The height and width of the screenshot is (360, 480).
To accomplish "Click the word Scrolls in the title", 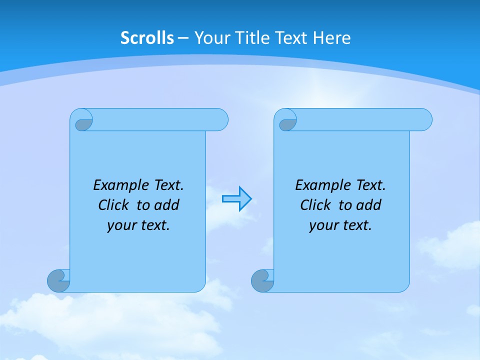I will pyautogui.click(x=147, y=38).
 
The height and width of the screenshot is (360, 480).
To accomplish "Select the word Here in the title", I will pyautogui.click(x=332, y=38).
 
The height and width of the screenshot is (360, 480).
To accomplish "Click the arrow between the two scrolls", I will pyautogui.click(x=236, y=199).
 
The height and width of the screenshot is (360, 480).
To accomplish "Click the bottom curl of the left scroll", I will pyautogui.click(x=58, y=280).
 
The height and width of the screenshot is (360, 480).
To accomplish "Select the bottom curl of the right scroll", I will pyautogui.click(x=262, y=280).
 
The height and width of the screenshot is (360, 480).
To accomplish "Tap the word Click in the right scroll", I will pyautogui.click(x=315, y=205).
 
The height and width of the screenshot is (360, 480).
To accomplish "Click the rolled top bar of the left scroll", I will pyautogui.click(x=160, y=119).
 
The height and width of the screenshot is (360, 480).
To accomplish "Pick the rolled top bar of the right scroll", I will pyautogui.click(x=364, y=119).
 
